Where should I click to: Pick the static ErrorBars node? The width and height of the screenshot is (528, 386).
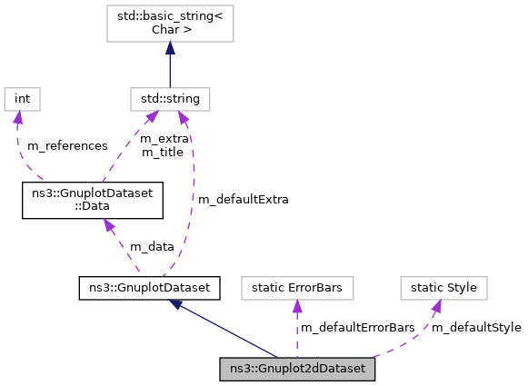tap(298, 288)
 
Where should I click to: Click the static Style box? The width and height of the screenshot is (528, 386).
tap(443, 288)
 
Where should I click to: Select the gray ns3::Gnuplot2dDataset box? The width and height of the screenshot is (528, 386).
tap(297, 369)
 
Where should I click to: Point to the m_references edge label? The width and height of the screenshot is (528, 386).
tap(67, 146)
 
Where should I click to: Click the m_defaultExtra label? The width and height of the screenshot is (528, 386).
tap(243, 199)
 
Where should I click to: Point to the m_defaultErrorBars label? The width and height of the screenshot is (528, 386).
tap(357, 327)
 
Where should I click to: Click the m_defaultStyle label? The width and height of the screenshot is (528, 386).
tap(476, 327)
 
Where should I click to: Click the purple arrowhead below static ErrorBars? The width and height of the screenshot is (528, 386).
tap(298, 307)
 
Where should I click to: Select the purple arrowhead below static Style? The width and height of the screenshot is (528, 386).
tap(436, 307)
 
